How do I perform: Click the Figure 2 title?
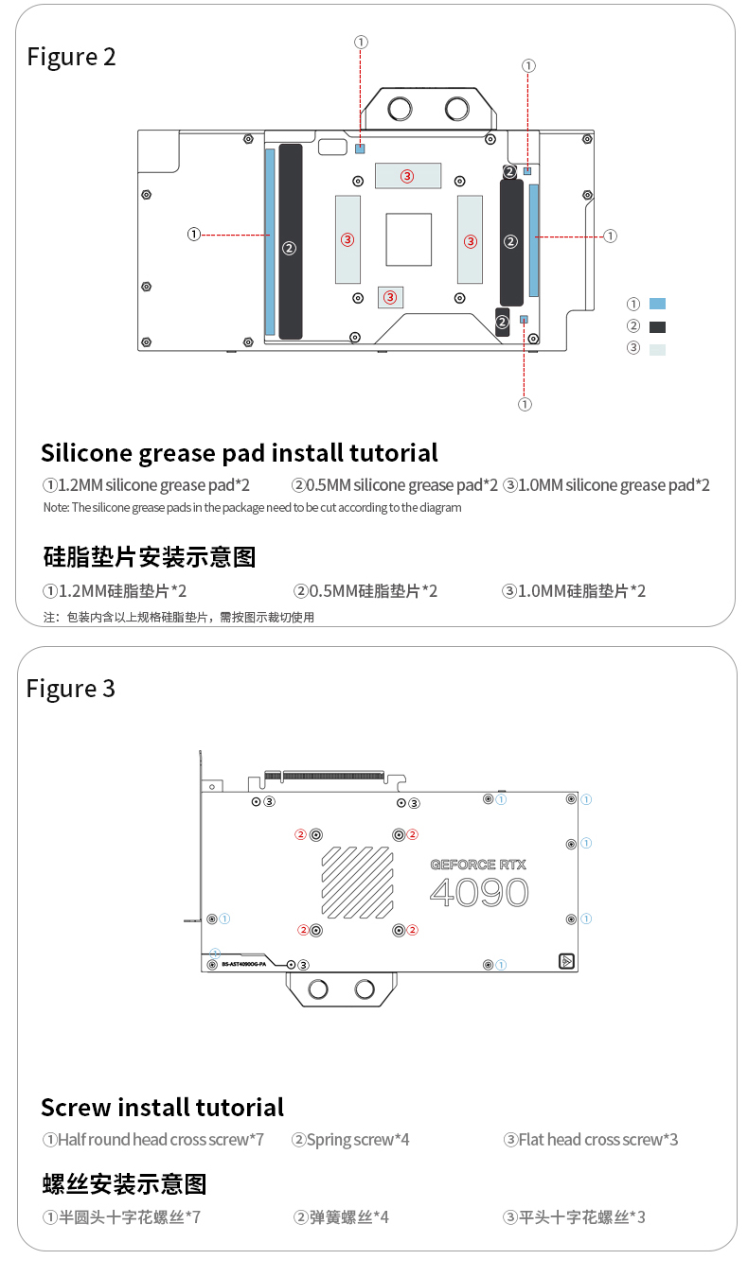[x=71, y=57]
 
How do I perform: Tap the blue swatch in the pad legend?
[x=657, y=304]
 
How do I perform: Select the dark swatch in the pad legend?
[x=657, y=326]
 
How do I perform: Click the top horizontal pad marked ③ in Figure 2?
[x=407, y=175]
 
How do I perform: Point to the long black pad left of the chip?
[x=291, y=241]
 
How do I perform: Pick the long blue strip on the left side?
[x=270, y=241]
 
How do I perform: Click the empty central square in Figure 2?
[x=408, y=239]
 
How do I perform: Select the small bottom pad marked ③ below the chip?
[x=390, y=297]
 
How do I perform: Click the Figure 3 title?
[x=71, y=689]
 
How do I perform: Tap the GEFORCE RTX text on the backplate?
[x=478, y=865]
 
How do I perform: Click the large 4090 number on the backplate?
[x=479, y=893]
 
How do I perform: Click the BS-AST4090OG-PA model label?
[x=243, y=964]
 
